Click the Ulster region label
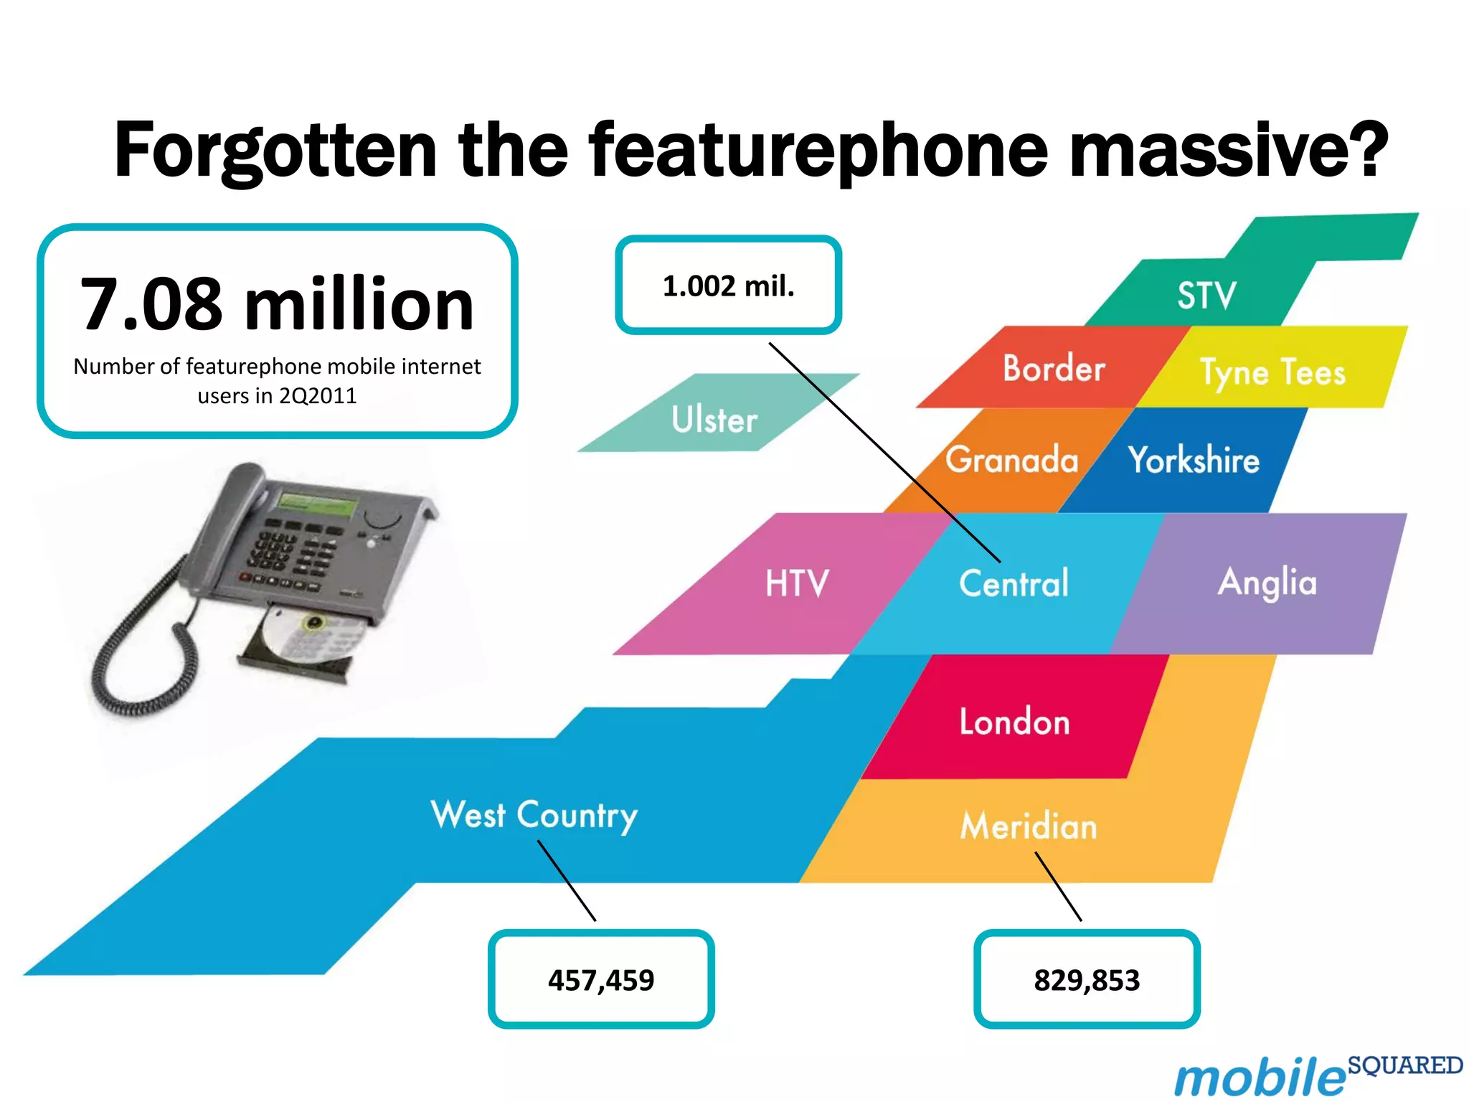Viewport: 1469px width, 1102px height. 714,419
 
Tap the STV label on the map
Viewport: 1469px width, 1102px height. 1206,295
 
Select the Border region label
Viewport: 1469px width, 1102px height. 1054,368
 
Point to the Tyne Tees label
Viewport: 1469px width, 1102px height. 1272,372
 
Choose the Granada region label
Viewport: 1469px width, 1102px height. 1011,459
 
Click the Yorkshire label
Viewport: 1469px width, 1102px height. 1194,459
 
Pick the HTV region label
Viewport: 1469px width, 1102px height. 797,583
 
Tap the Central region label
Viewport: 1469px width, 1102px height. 1014,583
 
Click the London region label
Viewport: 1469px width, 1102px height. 1014,721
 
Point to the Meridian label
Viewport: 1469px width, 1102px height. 1029,826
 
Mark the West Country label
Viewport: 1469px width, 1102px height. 534,815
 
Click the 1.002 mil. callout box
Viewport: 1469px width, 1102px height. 728,286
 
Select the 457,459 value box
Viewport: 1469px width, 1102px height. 601,979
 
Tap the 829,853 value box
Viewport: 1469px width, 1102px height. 1087,979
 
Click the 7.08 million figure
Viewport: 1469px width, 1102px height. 277,304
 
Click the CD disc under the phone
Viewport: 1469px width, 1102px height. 308,635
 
